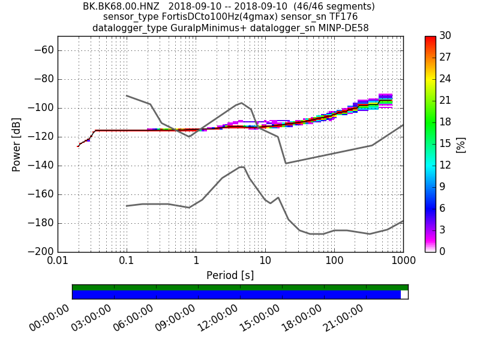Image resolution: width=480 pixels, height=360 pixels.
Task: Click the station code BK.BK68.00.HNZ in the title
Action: [x=116, y=7]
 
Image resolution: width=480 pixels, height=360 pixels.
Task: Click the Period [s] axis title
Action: [x=230, y=275]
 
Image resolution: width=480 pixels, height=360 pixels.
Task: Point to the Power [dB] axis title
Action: [x=16, y=144]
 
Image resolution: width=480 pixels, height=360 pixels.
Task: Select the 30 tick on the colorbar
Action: [x=445, y=36]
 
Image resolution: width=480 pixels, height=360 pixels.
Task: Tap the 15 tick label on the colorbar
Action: [x=445, y=144]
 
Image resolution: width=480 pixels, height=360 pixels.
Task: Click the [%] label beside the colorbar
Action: [x=461, y=144]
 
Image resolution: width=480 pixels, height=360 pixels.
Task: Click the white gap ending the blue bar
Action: [x=404, y=295]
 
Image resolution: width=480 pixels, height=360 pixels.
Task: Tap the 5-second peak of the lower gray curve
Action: [x=242, y=167]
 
